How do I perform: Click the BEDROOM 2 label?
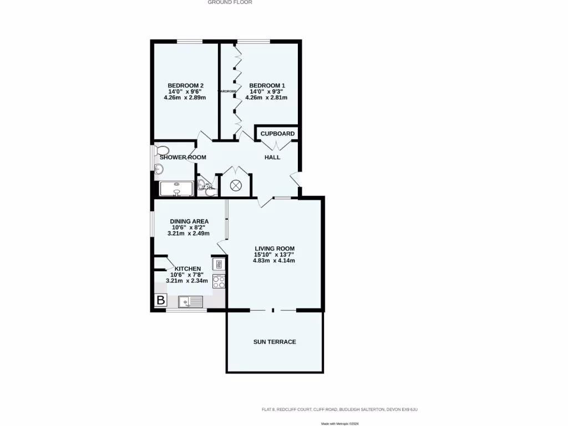click(185, 85)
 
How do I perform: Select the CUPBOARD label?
click(277, 134)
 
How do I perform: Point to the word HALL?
click(272, 158)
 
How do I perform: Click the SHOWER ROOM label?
click(182, 158)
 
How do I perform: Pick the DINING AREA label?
click(189, 221)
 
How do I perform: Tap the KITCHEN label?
click(187, 269)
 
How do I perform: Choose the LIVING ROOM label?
click(274, 248)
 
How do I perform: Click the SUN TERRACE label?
click(274, 342)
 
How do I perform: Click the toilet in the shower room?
click(163, 150)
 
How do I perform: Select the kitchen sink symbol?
click(190, 301)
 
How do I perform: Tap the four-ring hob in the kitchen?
click(219, 281)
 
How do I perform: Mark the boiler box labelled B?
click(160, 301)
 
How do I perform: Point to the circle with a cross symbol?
click(236, 186)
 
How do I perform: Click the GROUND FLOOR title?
click(230, 2)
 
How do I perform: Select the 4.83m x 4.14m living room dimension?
click(274, 260)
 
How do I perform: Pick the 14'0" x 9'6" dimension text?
click(185, 92)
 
